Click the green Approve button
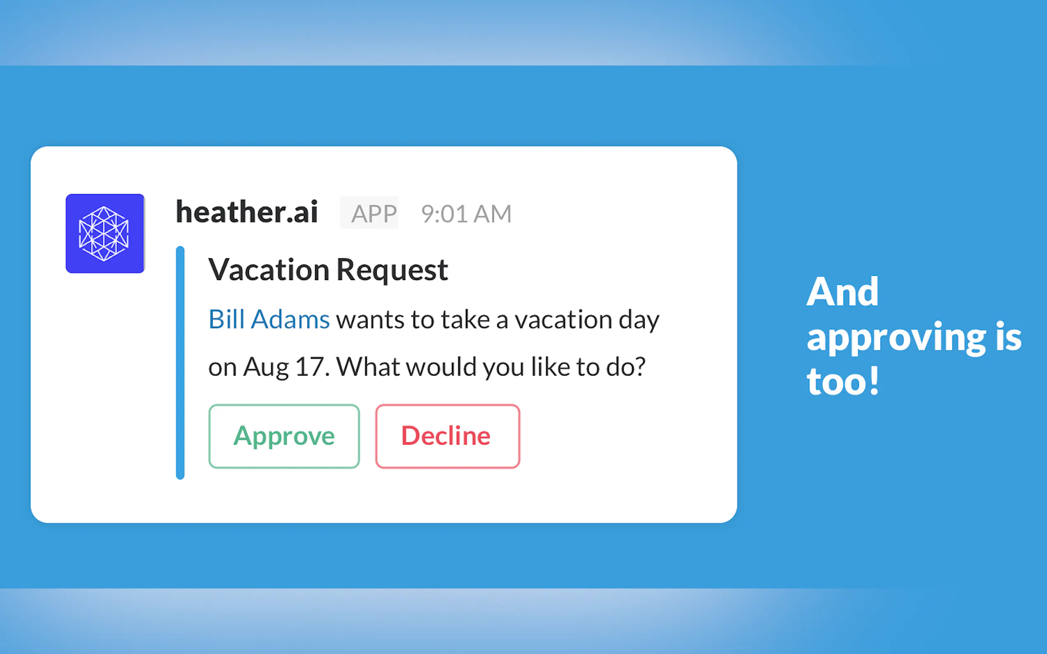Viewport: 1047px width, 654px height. pyautogui.click(x=284, y=436)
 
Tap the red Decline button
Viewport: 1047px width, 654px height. pyautogui.click(x=448, y=436)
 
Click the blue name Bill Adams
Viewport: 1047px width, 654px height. pyautogui.click(x=269, y=320)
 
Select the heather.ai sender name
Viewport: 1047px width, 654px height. pyautogui.click(x=247, y=212)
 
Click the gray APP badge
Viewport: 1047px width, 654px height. pyautogui.click(x=369, y=213)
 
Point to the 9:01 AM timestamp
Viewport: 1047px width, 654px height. pyautogui.click(x=466, y=214)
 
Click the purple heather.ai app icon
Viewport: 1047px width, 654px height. pyautogui.click(x=105, y=234)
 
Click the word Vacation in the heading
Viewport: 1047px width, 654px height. pyautogui.click(x=269, y=270)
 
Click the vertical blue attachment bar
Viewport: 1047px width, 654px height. pyautogui.click(x=180, y=362)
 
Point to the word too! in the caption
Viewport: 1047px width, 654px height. pyautogui.click(x=843, y=381)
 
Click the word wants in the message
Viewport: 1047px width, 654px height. pyautogui.click(x=371, y=320)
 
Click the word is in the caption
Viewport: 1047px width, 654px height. pyautogui.click(x=1009, y=336)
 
